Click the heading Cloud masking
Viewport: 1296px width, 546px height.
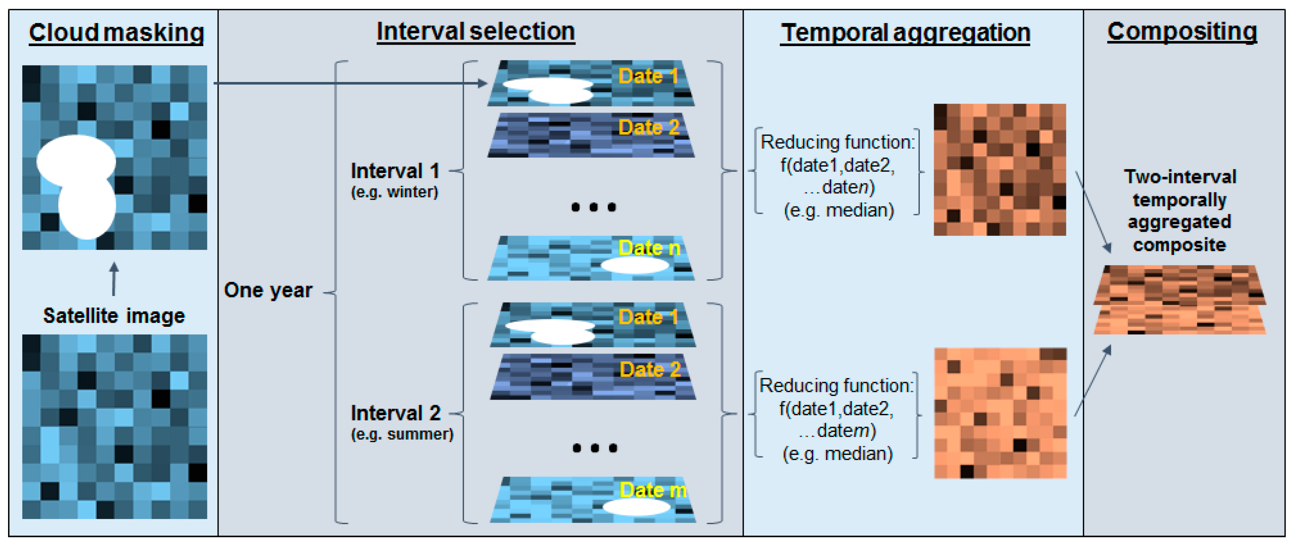pos(116,33)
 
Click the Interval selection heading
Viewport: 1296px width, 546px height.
pos(475,32)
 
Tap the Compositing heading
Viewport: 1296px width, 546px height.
pos(1181,32)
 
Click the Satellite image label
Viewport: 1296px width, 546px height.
pos(114,316)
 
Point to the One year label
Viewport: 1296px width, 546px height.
pos(268,290)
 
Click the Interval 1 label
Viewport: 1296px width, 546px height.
pos(395,171)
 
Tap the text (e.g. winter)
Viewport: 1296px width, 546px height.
pos(395,192)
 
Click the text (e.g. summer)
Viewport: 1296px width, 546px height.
pos(402,434)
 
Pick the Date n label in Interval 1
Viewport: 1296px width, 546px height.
pos(649,248)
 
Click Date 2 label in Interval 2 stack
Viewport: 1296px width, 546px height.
pos(650,370)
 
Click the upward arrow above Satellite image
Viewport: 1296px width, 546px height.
pos(114,279)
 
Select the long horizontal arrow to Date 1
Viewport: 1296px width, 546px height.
pos(347,83)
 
